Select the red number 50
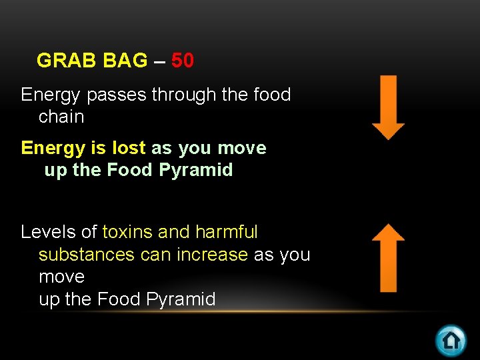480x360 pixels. click(x=183, y=61)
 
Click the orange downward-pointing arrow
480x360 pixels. click(x=388, y=107)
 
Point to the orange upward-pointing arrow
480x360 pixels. click(x=388, y=258)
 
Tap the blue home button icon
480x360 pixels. click(x=451, y=340)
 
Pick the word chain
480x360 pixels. click(x=61, y=117)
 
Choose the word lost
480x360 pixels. click(x=129, y=148)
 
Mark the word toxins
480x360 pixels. click(x=128, y=232)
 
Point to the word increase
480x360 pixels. click(x=213, y=255)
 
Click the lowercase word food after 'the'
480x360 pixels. click(x=272, y=95)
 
